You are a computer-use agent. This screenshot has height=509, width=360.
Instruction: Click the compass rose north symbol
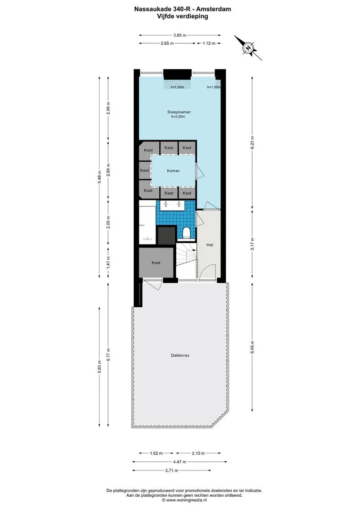(248, 48)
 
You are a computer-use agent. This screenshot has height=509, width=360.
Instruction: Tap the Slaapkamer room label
(179, 112)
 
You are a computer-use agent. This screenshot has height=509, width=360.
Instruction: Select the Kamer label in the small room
(173, 171)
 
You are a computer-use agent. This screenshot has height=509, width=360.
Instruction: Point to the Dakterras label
(180, 355)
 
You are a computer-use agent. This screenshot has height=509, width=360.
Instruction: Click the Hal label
(210, 245)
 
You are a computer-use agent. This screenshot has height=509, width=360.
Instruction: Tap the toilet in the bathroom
(186, 232)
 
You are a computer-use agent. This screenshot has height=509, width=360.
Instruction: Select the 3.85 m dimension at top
(180, 35)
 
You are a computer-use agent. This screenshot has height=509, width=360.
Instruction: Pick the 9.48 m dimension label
(99, 177)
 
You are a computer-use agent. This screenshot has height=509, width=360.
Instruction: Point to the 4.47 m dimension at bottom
(180, 462)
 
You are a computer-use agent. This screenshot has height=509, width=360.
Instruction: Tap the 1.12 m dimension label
(209, 43)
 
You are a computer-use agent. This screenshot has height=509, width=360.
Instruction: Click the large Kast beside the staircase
(156, 263)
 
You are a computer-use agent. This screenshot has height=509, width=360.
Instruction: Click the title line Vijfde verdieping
(182, 16)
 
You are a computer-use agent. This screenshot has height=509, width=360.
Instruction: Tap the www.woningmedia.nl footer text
(184, 500)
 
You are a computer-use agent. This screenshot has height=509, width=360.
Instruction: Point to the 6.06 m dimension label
(253, 347)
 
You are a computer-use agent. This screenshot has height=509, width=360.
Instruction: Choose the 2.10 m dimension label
(198, 453)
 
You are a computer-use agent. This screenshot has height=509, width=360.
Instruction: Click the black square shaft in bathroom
(166, 235)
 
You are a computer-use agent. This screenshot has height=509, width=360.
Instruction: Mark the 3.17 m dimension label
(253, 244)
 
